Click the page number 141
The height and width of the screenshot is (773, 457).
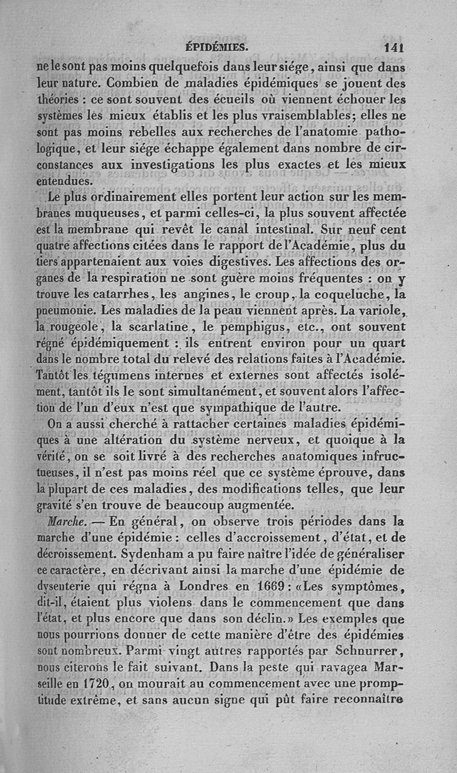click(x=394, y=47)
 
